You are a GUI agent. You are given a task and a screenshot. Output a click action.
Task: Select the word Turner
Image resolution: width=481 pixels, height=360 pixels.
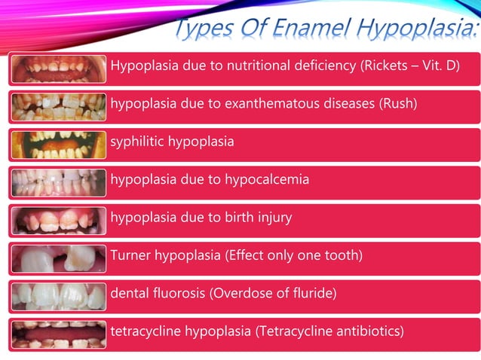(x=130, y=255)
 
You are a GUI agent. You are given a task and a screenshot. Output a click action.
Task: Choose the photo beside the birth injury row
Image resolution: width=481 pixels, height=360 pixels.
(x=59, y=220)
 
